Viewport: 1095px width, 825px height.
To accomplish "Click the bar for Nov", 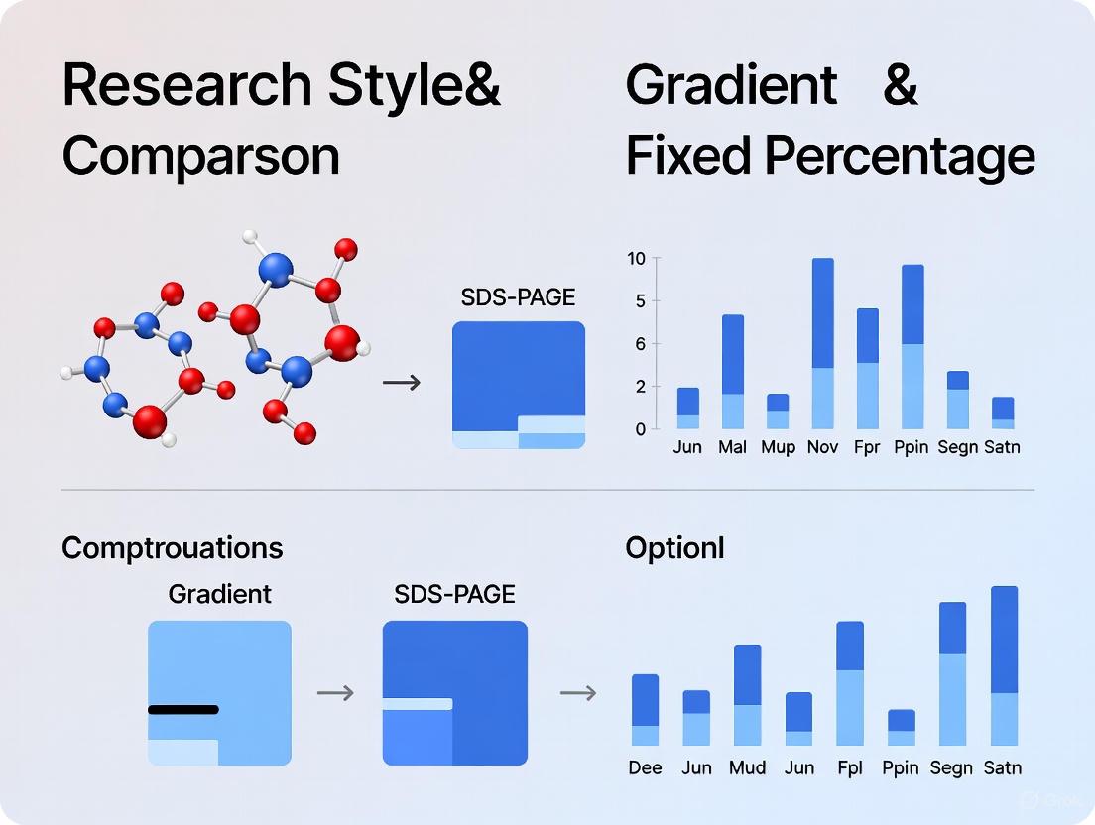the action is (822, 343).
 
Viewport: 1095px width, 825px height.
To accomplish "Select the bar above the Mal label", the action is (733, 372).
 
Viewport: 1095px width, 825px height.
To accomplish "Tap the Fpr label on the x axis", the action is (867, 447).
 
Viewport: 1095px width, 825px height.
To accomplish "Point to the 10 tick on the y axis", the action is (637, 259).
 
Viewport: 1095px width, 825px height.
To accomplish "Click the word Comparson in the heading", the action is (200, 156).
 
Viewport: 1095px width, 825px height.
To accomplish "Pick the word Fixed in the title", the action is (687, 156).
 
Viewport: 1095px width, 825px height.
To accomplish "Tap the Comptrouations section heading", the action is (173, 548).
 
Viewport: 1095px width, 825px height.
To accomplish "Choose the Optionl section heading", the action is (674, 548).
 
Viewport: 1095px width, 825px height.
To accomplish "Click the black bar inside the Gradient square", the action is (183, 709).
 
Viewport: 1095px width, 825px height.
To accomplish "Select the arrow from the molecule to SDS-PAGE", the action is (401, 382).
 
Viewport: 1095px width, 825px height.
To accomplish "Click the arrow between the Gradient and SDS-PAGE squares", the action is (335, 693).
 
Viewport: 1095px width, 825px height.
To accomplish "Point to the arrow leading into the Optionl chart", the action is (578, 693).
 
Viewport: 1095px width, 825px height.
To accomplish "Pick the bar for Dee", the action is (645, 710).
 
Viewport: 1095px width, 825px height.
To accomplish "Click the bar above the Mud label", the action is (748, 695).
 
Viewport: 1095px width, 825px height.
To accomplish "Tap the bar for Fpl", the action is (850, 683).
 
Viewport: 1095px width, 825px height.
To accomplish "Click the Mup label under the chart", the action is (778, 447).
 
